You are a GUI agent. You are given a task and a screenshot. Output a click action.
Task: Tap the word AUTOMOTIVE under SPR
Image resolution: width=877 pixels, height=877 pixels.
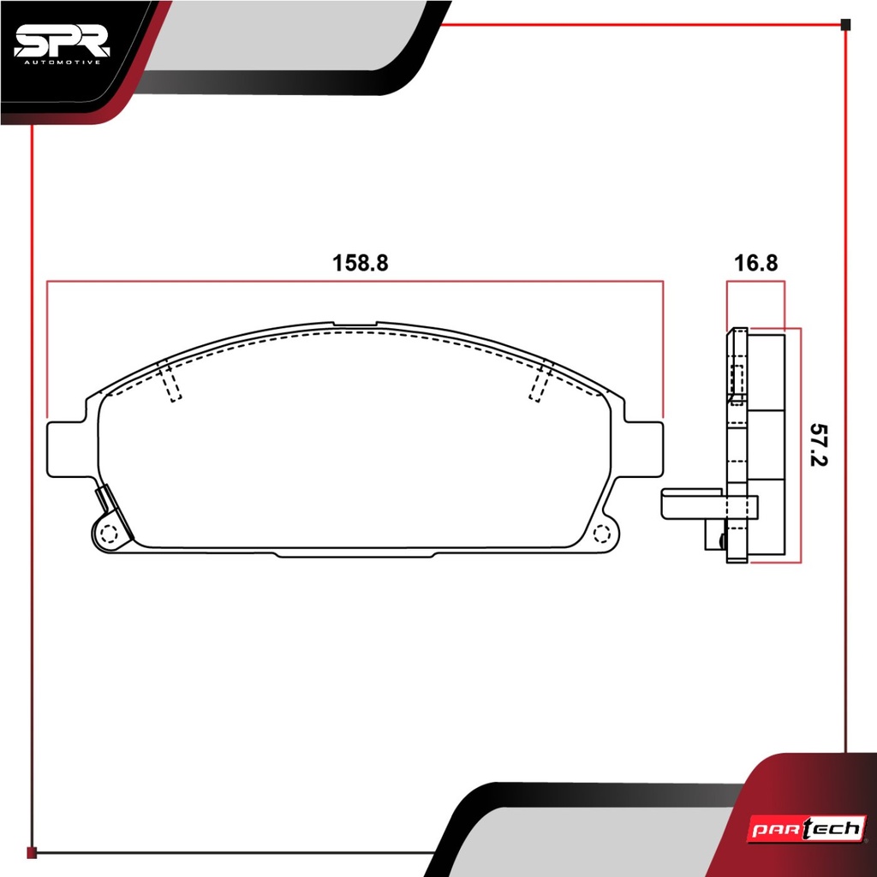[63, 62]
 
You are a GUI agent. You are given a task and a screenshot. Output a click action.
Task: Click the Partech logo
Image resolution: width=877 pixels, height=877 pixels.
[807, 828]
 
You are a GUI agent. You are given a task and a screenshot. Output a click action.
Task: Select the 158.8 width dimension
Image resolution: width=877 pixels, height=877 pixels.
[360, 263]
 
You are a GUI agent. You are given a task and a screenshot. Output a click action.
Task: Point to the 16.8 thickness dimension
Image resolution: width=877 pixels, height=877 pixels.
[755, 263]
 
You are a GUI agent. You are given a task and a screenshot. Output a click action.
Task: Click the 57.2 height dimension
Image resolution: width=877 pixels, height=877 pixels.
[818, 444]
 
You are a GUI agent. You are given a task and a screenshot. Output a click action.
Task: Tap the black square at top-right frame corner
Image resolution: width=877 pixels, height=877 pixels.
[845, 24]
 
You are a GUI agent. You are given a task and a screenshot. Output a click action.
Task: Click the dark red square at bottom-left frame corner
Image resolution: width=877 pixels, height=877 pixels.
[32, 852]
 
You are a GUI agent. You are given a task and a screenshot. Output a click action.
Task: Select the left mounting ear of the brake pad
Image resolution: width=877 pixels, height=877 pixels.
[67, 450]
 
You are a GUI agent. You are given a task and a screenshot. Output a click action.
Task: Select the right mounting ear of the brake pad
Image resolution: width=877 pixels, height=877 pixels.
[644, 450]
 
